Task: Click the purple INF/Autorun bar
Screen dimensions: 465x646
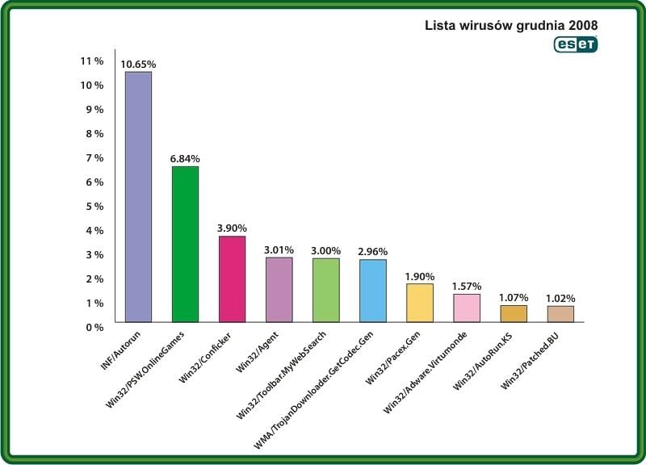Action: [x=138, y=197]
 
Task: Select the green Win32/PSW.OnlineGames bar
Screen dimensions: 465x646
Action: [x=185, y=244]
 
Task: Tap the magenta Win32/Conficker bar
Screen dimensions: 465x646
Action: [x=232, y=279]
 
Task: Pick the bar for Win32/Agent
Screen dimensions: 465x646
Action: [x=279, y=290]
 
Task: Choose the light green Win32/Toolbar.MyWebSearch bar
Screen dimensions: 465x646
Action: [x=325, y=291]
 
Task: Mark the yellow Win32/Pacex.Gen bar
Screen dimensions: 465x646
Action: [x=419, y=303]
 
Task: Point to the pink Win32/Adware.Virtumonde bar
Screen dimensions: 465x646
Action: [x=467, y=308]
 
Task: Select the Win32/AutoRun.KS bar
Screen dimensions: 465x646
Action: [x=513, y=313]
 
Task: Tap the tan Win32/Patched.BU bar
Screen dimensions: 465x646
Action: [x=560, y=314]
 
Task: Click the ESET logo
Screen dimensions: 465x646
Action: [x=575, y=45]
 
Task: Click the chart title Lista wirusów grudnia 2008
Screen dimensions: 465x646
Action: [x=511, y=25]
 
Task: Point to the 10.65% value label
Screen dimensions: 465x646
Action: [x=138, y=64]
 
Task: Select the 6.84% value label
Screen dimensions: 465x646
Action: [x=185, y=158]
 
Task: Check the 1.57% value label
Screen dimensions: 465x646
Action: [x=467, y=287]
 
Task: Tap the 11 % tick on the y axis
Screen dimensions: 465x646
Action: [x=92, y=61]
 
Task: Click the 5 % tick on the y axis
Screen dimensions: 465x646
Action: [x=94, y=206]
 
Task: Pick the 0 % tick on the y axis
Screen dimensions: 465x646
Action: [x=94, y=327]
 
